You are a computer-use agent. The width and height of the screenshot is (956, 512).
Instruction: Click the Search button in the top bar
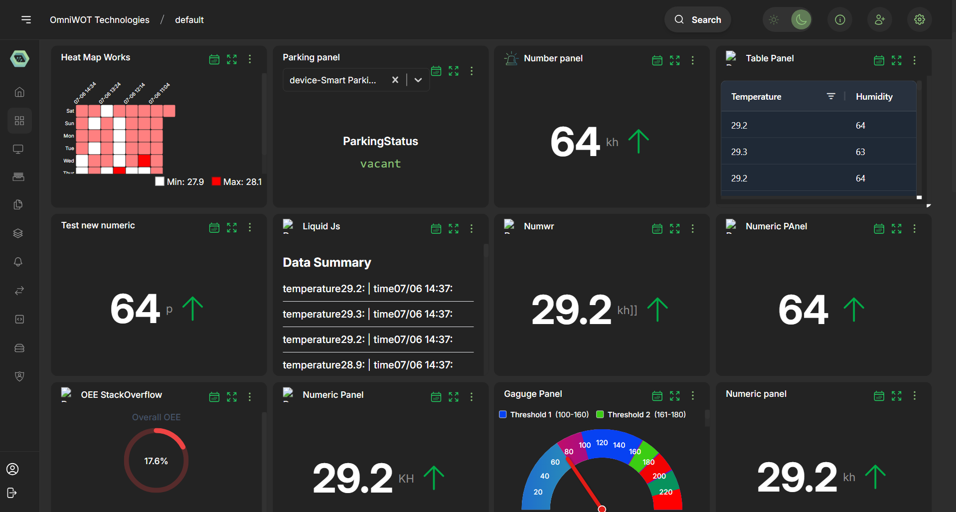click(x=697, y=20)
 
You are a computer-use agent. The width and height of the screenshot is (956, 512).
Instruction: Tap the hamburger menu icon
click(x=26, y=19)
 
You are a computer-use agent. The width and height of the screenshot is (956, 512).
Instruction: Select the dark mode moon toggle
click(x=801, y=19)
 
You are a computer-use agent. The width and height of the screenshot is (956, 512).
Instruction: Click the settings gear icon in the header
click(x=919, y=19)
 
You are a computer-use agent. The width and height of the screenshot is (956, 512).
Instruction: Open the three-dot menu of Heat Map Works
click(x=250, y=59)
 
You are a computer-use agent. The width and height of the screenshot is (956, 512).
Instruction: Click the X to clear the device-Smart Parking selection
click(x=395, y=80)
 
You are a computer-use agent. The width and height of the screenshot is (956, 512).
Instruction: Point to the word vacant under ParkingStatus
click(x=380, y=164)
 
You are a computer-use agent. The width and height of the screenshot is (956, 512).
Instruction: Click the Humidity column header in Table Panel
click(x=874, y=97)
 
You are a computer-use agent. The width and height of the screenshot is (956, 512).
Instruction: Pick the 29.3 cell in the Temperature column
click(x=739, y=152)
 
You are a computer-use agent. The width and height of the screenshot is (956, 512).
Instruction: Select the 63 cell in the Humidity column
click(x=860, y=152)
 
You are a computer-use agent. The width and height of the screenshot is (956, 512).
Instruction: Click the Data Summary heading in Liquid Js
click(x=326, y=263)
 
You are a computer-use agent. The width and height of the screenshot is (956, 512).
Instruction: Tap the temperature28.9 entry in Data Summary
click(x=323, y=365)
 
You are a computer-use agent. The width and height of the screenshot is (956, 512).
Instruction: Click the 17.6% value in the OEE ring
click(x=156, y=461)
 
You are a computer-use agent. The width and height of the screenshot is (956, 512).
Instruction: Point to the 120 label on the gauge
click(x=602, y=443)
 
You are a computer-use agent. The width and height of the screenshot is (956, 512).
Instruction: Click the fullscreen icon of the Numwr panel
click(x=674, y=228)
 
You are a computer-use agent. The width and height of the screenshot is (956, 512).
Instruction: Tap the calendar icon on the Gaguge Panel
click(x=657, y=396)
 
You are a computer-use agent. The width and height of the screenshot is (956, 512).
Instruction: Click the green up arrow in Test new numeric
click(x=192, y=309)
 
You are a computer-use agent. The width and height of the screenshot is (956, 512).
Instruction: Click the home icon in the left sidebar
click(x=19, y=92)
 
